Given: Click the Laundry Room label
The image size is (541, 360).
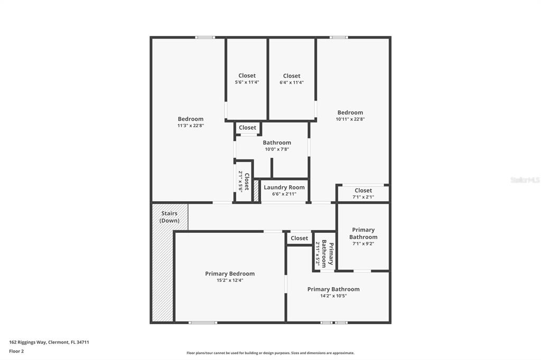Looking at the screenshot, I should [x=284, y=187].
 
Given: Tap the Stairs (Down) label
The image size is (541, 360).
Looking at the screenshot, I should [x=170, y=217].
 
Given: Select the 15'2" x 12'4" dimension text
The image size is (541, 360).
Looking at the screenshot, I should [x=230, y=280].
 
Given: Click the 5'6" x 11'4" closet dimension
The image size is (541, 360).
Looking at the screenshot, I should [x=247, y=82].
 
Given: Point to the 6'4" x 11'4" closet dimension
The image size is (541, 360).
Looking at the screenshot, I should [x=292, y=82].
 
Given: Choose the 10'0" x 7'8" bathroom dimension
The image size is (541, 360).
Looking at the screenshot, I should [x=277, y=149].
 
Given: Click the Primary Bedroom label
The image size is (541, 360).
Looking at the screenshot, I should [x=230, y=273].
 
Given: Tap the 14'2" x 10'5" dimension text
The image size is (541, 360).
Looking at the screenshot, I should [x=333, y=296].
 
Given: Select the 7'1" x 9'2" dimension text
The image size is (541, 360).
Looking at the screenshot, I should [x=363, y=243].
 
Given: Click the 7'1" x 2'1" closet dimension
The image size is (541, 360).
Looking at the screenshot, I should [x=363, y=197].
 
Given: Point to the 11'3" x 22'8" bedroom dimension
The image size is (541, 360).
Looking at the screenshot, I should [x=190, y=126].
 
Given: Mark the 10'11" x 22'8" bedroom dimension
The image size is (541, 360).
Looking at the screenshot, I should [x=350, y=119].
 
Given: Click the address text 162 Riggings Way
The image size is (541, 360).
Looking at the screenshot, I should [x=49, y=342].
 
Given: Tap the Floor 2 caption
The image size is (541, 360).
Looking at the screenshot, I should [x=16, y=351].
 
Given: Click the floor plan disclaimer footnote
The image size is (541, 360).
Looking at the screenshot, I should [x=270, y=353].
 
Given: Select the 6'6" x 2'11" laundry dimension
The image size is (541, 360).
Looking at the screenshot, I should [x=284, y=194].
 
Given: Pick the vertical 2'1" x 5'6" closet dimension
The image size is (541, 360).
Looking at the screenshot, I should [x=240, y=181].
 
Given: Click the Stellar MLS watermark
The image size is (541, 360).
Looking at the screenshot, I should [x=525, y=180].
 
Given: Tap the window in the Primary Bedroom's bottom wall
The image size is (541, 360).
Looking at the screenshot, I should [x=203, y=322].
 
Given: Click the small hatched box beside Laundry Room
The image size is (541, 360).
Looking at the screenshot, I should [x=256, y=191].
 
